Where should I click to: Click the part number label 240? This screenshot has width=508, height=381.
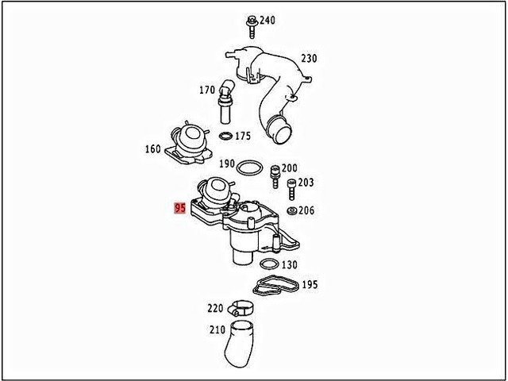click(x=267, y=20)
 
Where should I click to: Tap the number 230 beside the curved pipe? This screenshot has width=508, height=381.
click(x=308, y=59)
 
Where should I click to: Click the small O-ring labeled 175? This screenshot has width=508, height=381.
click(x=225, y=137)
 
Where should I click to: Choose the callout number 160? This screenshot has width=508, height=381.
click(x=152, y=148)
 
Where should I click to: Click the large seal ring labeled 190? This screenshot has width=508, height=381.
click(x=249, y=167)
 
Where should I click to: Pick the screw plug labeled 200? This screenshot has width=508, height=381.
click(x=276, y=173)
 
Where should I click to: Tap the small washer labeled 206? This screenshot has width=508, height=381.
click(x=292, y=210)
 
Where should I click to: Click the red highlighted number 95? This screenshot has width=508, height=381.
click(x=180, y=210)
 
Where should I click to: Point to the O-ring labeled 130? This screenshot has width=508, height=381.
click(x=269, y=264)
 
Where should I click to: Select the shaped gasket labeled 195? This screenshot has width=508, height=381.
click(x=275, y=284)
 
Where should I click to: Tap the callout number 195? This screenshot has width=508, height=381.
click(x=310, y=284)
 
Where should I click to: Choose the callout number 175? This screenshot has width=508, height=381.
click(x=243, y=137)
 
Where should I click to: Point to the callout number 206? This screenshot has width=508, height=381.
click(x=306, y=210)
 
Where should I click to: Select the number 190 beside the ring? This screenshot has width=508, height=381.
click(x=226, y=164)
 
